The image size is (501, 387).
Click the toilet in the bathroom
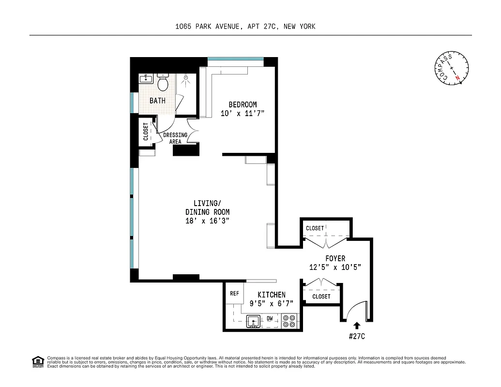pyautogui.click(x=163, y=84)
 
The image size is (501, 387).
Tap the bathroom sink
pyautogui.click(x=145, y=79)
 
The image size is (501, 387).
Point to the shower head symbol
pyautogui.click(x=186, y=77)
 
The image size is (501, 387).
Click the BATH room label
pyautogui.click(x=157, y=101)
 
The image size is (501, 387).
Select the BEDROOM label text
pyautogui.click(x=243, y=104)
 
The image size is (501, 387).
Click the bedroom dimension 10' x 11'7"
pyautogui.click(x=243, y=113)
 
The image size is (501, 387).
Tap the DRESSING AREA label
pyautogui.click(x=175, y=138)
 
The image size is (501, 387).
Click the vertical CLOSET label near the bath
pyautogui.click(x=146, y=132)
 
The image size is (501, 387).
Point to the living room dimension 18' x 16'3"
pyautogui.click(x=207, y=221)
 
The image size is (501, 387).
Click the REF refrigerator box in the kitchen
pyautogui.click(x=234, y=294)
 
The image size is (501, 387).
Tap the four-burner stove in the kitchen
pyautogui.click(x=290, y=321)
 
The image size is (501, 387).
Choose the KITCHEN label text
pyautogui.click(x=271, y=295)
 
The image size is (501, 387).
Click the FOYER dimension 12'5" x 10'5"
pyautogui.click(x=335, y=267)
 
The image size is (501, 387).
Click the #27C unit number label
pyautogui.click(x=357, y=336)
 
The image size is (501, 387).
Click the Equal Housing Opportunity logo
pyautogui.click(x=37, y=361)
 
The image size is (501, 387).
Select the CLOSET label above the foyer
pyautogui.click(x=315, y=228)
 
